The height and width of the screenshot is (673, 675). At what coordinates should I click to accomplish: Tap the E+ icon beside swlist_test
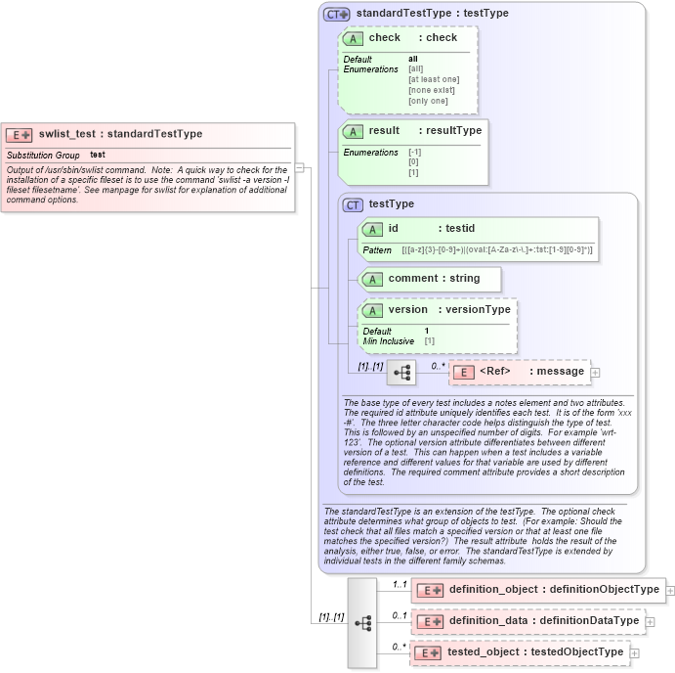[20, 135]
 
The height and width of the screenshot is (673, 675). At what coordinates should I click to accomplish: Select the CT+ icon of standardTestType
[337, 15]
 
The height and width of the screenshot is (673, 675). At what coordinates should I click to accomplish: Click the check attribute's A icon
[353, 38]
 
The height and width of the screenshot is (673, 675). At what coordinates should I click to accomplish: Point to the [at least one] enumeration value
[434, 79]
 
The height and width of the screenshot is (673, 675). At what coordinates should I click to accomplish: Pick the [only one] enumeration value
[428, 101]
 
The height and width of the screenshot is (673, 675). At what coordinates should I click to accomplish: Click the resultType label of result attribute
[453, 130]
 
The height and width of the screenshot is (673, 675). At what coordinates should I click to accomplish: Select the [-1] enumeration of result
[415, 152]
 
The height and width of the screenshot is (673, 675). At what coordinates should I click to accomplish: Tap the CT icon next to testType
[353, 204]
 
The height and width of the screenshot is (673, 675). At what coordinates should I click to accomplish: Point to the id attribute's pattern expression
[497, 250]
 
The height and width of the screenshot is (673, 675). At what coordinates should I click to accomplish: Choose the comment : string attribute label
[434, 278]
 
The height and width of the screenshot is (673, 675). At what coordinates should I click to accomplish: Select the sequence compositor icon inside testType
[401, 372]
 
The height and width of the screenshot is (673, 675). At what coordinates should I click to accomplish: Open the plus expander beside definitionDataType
[651, 621]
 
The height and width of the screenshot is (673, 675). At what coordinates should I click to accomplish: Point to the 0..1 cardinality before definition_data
[399, 615]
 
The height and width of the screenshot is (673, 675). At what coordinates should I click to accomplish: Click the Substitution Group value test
[98, 155]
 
